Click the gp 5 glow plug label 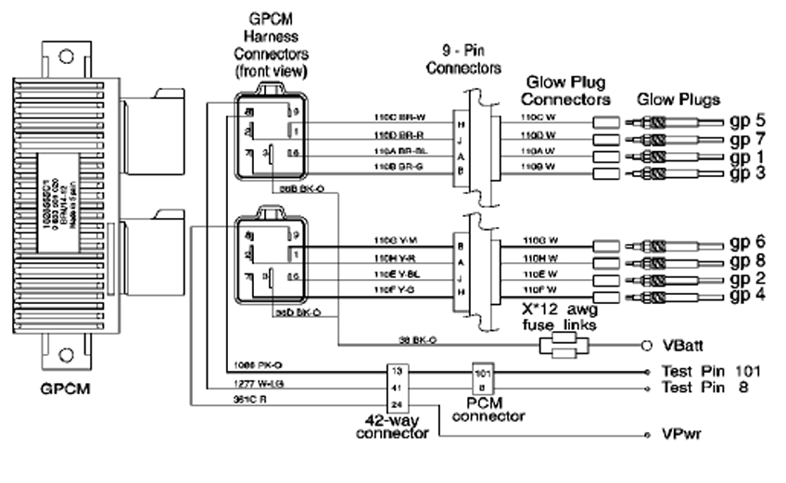(x=747, y=121)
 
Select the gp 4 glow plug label (x=747, y=296)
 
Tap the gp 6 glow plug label (x=747, y=241)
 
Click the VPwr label (x=680, y=434)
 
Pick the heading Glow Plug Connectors (x=565, y=91)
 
